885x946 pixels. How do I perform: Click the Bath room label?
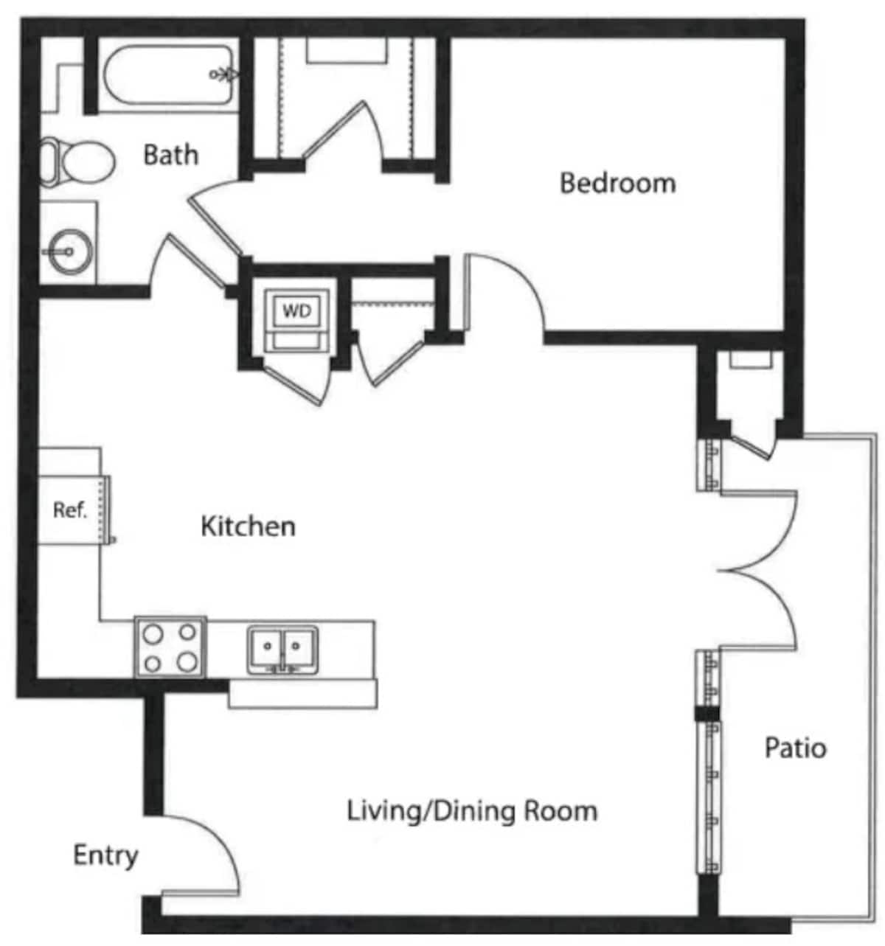pyautogui.click(x=170, y=155)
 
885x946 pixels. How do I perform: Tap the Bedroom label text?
pyautogui.click(x=617, y=183)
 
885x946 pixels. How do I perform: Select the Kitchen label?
pyautogui.click(x=248, y=526)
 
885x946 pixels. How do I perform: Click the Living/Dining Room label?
pyautogui.click(x=472, y=811)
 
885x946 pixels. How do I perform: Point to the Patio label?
pyautogui.click(x=795, y=748)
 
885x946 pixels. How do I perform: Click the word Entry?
pyautogui.click(x=105, y=856)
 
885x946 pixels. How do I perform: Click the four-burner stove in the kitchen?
pyautogui.click(x=170, y=648)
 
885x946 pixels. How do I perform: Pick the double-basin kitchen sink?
pyautogui.click(x=282, y=649)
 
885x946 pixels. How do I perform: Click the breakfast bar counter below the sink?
pyautogui.click(x=303, y=695)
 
